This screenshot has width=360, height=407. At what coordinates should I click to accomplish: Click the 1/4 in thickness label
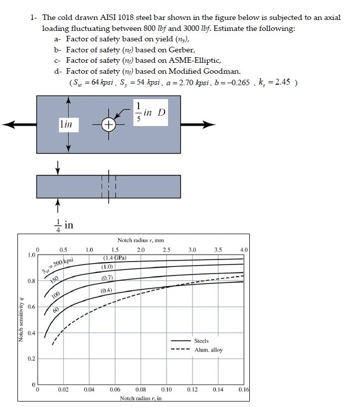click(63, 225)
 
